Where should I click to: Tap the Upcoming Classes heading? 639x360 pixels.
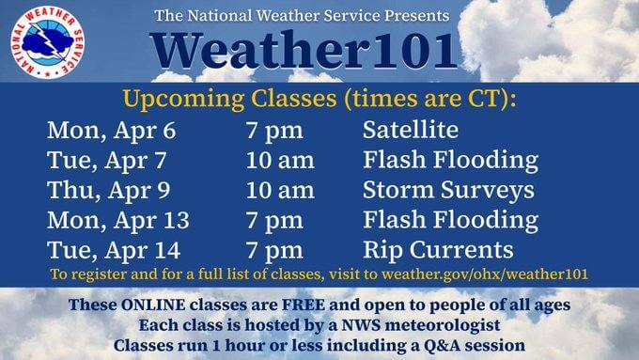coord(319,99)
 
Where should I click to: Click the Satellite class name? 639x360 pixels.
coord(410,130)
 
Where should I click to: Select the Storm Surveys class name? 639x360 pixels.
coord(447,190)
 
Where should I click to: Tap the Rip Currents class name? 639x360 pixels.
coord(438,250)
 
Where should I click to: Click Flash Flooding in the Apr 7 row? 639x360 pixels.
coord(450,160)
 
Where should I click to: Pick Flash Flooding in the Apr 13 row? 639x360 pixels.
coord(450,220)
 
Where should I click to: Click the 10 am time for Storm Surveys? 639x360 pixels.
coord(280,190)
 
